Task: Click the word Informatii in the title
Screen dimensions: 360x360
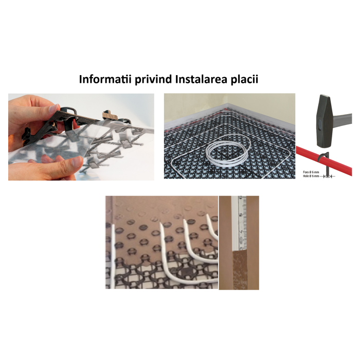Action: tap(100, 80)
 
